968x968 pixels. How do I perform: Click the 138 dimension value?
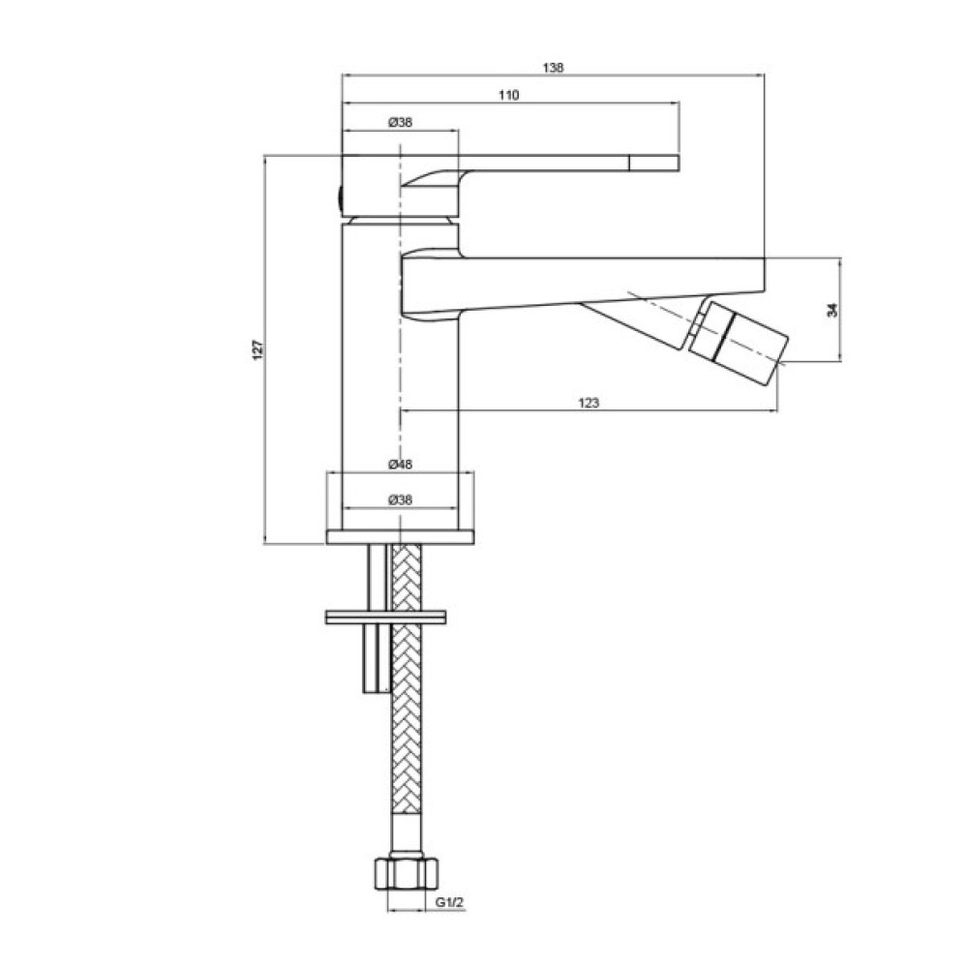[553, 68]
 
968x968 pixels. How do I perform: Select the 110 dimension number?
[509, 95]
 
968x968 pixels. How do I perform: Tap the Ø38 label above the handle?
[400, 122]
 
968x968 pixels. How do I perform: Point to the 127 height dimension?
[258, 350]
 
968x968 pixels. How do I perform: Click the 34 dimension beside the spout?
[832, 310]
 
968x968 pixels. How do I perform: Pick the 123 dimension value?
[589, 403]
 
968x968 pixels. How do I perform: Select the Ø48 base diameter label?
[400, 464]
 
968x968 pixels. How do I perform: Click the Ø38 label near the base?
[400, 499]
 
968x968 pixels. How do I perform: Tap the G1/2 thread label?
[449, 902]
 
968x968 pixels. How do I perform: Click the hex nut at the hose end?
[407, 873]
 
